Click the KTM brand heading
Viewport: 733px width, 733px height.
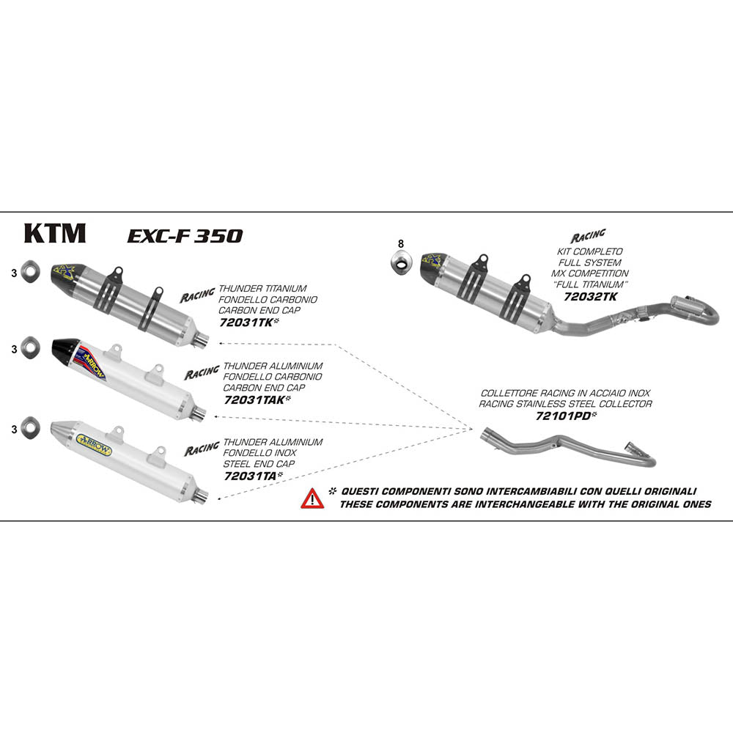55,233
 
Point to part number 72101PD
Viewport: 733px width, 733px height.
562,415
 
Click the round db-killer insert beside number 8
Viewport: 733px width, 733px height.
400,261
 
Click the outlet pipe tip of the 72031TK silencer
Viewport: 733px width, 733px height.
203,339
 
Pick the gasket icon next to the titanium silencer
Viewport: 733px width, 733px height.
29,271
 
